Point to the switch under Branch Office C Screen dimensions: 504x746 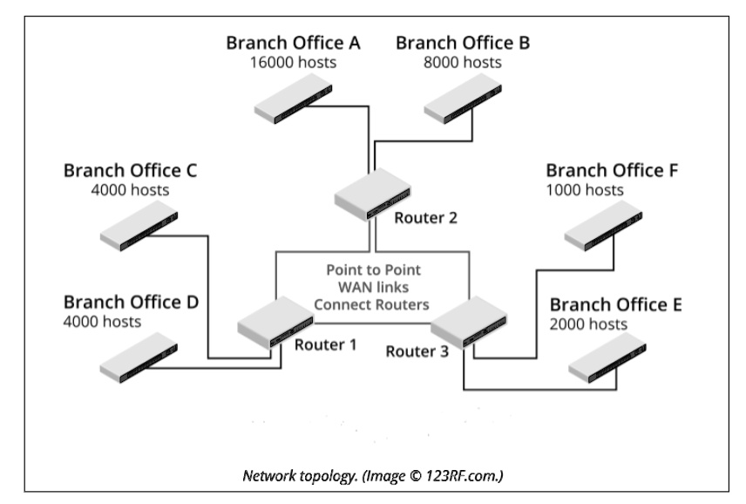coord(139,225)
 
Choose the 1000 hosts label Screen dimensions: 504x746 coord(585,189)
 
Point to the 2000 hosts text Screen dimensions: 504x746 coord(588,324)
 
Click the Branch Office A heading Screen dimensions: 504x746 coord(294,43)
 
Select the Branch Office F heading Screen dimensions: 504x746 coord(613,169)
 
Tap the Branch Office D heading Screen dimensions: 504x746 coord(131,303)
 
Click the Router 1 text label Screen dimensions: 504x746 coord(325,344)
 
